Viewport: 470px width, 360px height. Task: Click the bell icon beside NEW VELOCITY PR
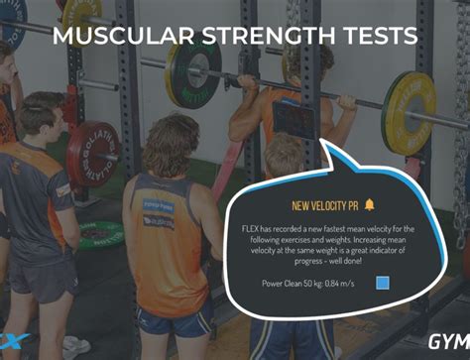(370, 204)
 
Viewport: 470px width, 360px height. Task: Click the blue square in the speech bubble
(383, 283)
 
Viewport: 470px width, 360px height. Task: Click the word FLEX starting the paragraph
(251, 229)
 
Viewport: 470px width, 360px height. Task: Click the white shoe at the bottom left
(74, 346)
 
